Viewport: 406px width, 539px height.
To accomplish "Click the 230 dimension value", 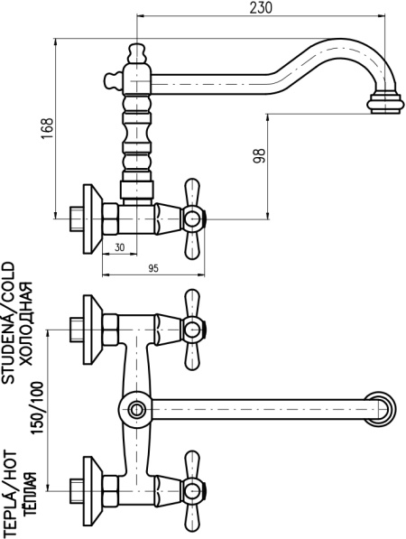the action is [261, 7].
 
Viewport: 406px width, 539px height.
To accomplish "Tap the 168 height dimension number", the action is [48, 128].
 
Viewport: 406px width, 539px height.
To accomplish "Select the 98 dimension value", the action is [260, 155].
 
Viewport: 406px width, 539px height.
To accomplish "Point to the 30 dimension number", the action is [119, 247].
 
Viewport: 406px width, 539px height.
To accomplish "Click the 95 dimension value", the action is [153, 268].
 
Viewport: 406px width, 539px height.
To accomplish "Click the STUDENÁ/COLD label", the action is [9, 322].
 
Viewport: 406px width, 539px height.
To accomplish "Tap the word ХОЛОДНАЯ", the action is [26, 323].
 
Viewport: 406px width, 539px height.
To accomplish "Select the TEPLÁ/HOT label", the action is [9, 493].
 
